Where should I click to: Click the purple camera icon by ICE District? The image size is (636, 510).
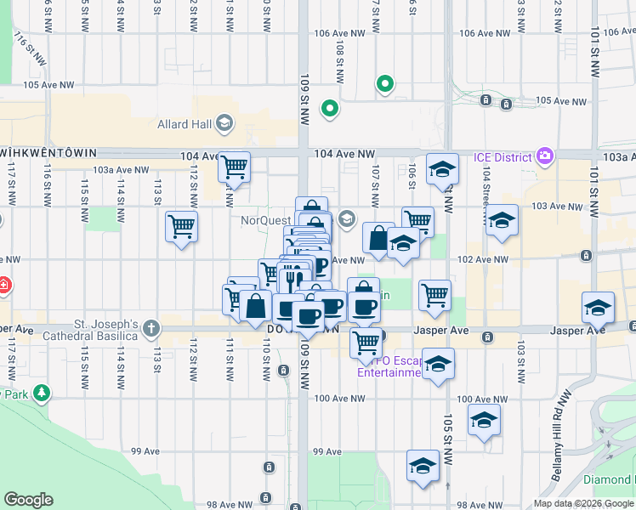tap(545, 156)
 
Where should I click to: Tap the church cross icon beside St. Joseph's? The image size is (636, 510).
tap(151, 328)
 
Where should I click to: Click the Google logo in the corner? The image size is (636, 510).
tap(28, 500)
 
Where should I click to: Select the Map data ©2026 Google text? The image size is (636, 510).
tap(583, 503)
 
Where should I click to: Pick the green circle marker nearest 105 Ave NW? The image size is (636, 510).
tap(385, 84)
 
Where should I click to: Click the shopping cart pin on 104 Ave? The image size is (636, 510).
tap(234, 167)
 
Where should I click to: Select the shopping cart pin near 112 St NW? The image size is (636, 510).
tap(181, 226)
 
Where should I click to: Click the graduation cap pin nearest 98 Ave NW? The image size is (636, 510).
tap(422, 465)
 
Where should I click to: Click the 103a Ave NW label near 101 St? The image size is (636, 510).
tap(614, 157)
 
